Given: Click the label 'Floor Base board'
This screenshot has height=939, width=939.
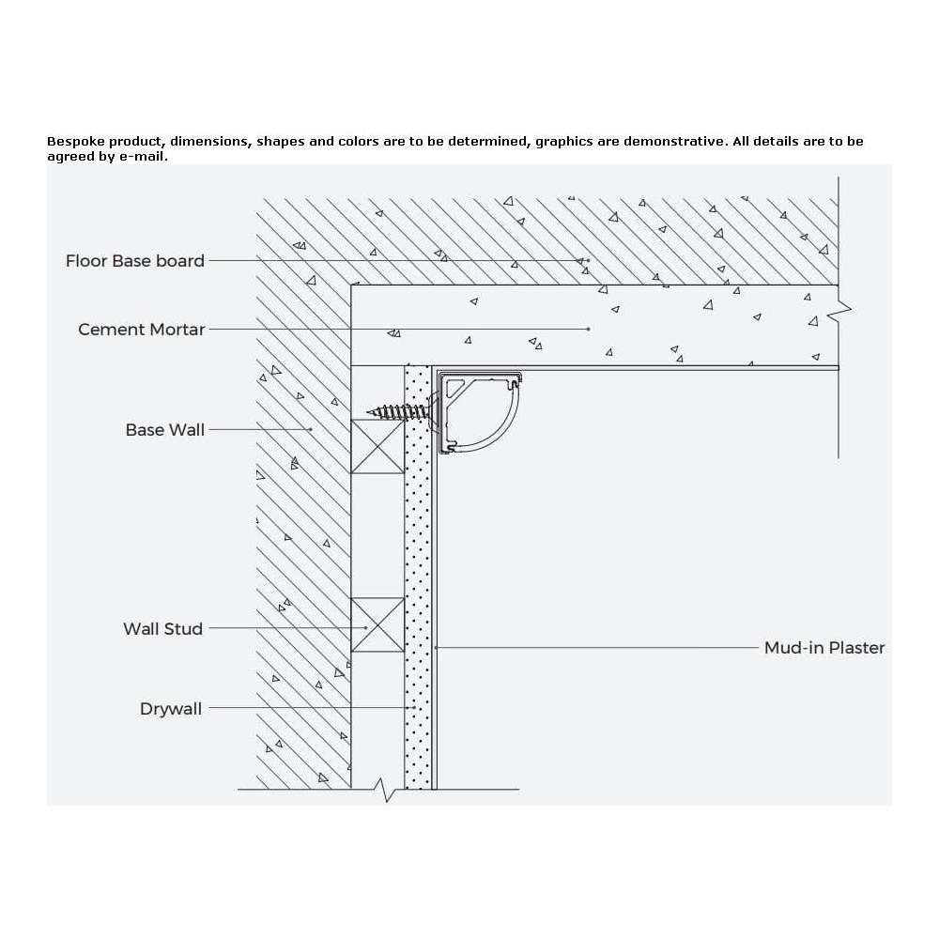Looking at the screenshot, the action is tap(134, 261).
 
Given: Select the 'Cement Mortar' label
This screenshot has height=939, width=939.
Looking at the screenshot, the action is tap(142, 330).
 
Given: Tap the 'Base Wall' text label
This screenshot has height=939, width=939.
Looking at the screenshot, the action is tap(164, 430).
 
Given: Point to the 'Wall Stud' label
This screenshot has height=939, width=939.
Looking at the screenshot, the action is tap(162, 629).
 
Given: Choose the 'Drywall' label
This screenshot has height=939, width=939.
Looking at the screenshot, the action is tap(171, 709).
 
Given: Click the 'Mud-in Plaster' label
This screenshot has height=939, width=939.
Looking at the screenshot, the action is tap(824, 648).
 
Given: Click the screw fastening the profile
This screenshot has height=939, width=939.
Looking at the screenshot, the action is tap(398, 412).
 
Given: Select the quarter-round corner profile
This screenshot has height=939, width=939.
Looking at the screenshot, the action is tap(480, 412).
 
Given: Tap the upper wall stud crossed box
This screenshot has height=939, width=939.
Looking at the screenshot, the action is tap(377, 446).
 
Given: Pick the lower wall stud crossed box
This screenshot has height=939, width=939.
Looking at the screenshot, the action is tap(377, 624).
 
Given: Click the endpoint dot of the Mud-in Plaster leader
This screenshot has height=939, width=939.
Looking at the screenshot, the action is tap(437, 647).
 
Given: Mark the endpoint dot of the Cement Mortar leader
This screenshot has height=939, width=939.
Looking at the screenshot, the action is tap(589, 329).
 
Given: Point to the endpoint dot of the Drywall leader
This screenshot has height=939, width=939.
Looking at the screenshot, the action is tap(414, 708).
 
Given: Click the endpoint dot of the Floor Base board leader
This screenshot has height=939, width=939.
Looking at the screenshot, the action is tap(588, 260).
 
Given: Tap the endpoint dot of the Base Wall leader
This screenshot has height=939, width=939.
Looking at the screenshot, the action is tap(311, 429).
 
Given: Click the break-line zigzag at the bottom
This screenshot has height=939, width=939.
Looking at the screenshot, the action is tap(386, 790).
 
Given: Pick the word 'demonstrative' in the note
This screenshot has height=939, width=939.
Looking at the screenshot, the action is tap(673, 142).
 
